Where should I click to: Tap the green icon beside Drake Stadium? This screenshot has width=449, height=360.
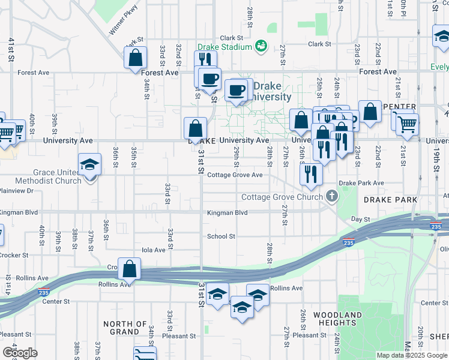pos(261,46)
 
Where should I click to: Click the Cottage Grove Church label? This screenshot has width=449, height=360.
pos(282,197)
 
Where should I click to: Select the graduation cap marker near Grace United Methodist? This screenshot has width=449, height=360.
pos(89,164)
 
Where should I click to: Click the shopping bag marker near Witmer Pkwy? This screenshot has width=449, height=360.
pos(136,58)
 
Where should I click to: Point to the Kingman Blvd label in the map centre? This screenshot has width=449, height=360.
pos(228,213)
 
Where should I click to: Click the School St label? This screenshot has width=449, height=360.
pos(221,236)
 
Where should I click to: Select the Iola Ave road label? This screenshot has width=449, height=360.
pos(153,250)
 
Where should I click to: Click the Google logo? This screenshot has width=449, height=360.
pos(20,353)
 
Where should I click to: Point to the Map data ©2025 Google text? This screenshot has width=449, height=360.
pos(412,355)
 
